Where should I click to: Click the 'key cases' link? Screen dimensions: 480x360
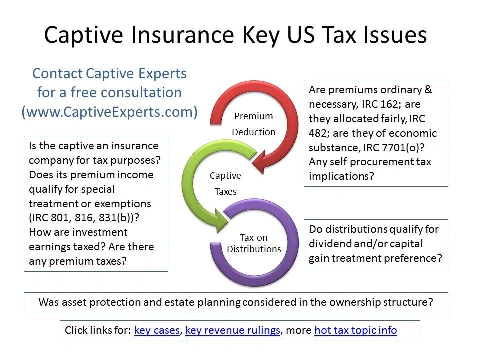157,330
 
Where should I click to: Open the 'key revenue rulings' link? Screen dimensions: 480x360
233,330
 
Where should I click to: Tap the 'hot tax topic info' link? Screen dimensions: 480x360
355,330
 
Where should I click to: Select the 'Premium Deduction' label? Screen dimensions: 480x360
254,124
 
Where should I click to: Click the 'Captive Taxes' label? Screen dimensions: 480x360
225,183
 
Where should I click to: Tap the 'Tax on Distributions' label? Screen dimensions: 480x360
254,243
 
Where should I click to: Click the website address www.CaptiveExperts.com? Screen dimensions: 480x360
109,112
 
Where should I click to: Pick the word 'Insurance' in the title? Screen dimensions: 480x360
183,35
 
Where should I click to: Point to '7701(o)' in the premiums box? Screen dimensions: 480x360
400,148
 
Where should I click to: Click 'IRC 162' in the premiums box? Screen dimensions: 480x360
380,104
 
